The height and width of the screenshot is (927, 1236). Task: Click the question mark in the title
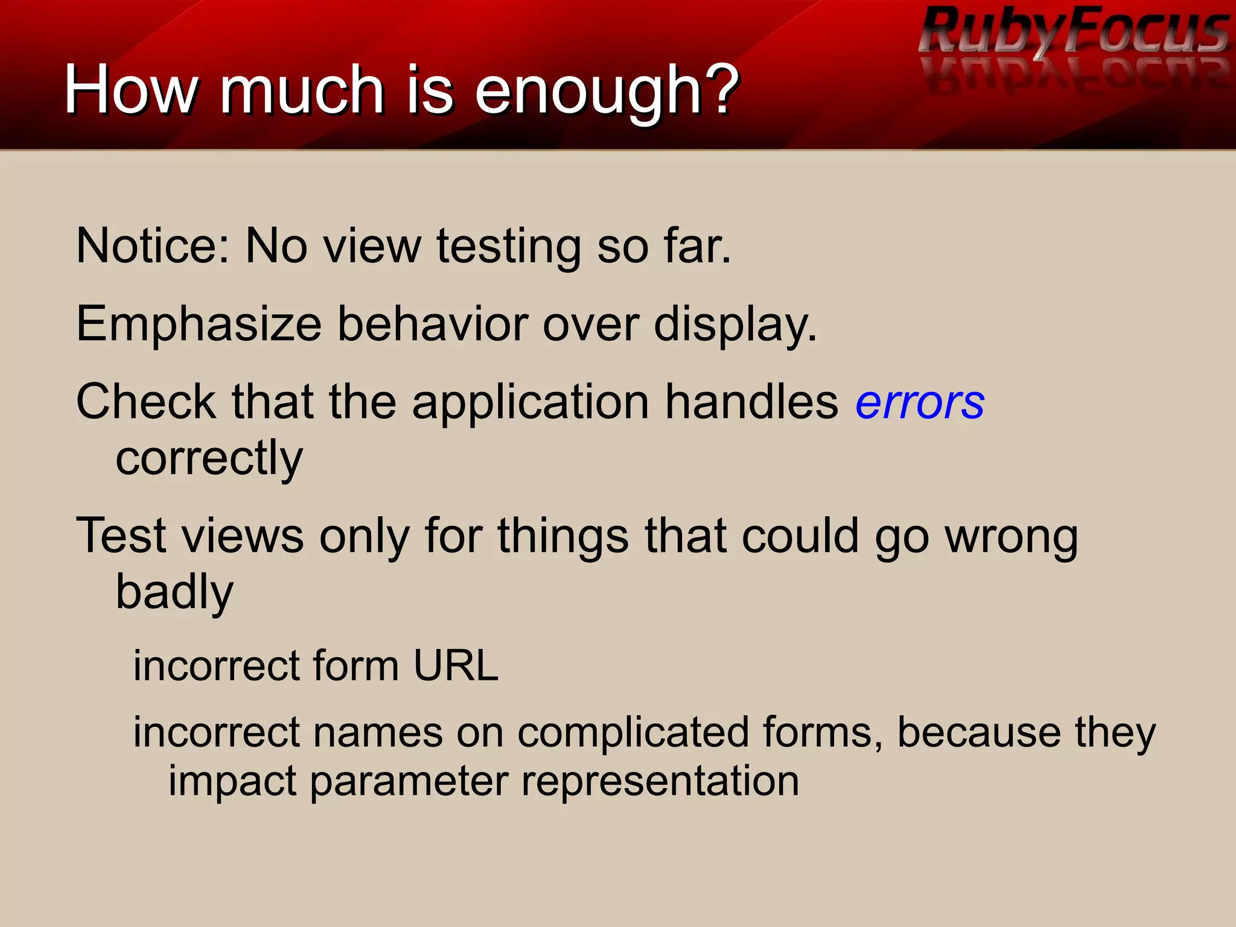(x=722, y=90)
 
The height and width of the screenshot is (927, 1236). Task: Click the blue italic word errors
(x=920, y=402)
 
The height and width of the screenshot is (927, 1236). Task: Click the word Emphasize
(x=199, y=324)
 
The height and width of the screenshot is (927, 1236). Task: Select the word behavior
(x=432, y=324)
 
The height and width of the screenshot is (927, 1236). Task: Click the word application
(x=530, y=402)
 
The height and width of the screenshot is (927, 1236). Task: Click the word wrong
(x=1011, y=536)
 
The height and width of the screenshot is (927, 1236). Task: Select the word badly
(x=174, y=592)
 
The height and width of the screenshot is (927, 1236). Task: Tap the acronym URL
(x=456, y=666)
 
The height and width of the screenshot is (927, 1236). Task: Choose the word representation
(x=660, y=782)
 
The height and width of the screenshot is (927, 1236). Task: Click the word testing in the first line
(x=509, y=247)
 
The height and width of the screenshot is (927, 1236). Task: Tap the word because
(x=979, y=732)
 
